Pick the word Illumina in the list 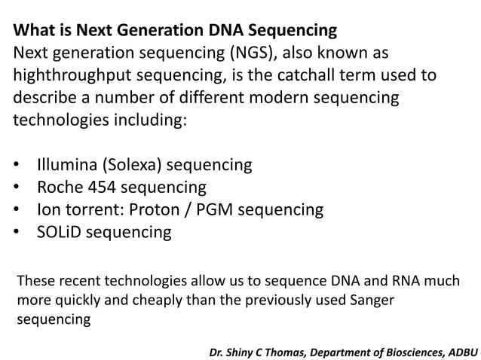[x=69, y=164]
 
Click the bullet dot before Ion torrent [x=17, y=209]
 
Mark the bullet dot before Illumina [x=17, y=164]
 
